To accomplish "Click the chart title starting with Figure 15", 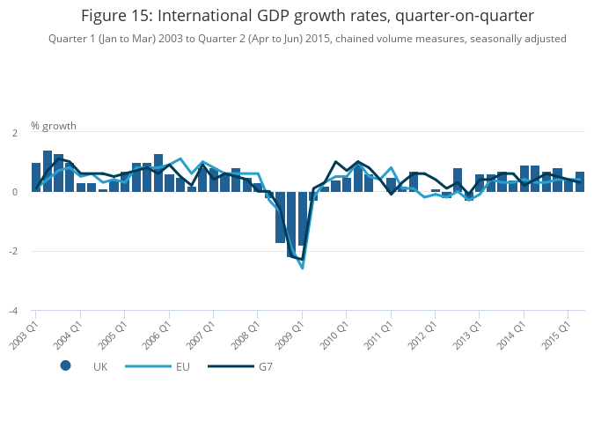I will click(x=307, y=16).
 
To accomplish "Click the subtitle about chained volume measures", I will click(x=307, y=39).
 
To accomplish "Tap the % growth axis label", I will click(x=54, y=126).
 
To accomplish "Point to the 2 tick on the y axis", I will click(x=14, y=132).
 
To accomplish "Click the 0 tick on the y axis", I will click(x=14, y=192).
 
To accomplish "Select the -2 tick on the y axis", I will click(x=12, y=252).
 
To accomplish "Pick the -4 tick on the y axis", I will click(x=12, y=311).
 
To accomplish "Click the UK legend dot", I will click(x=65, y=365).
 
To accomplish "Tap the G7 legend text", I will click(x=265, y=366).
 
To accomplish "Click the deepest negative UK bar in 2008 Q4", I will click(x=291, y=225).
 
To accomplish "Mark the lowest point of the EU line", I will click(x=302, y=268).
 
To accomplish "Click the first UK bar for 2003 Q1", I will click(x=36, y=177).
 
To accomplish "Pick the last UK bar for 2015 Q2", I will click(x=580, y=181).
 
